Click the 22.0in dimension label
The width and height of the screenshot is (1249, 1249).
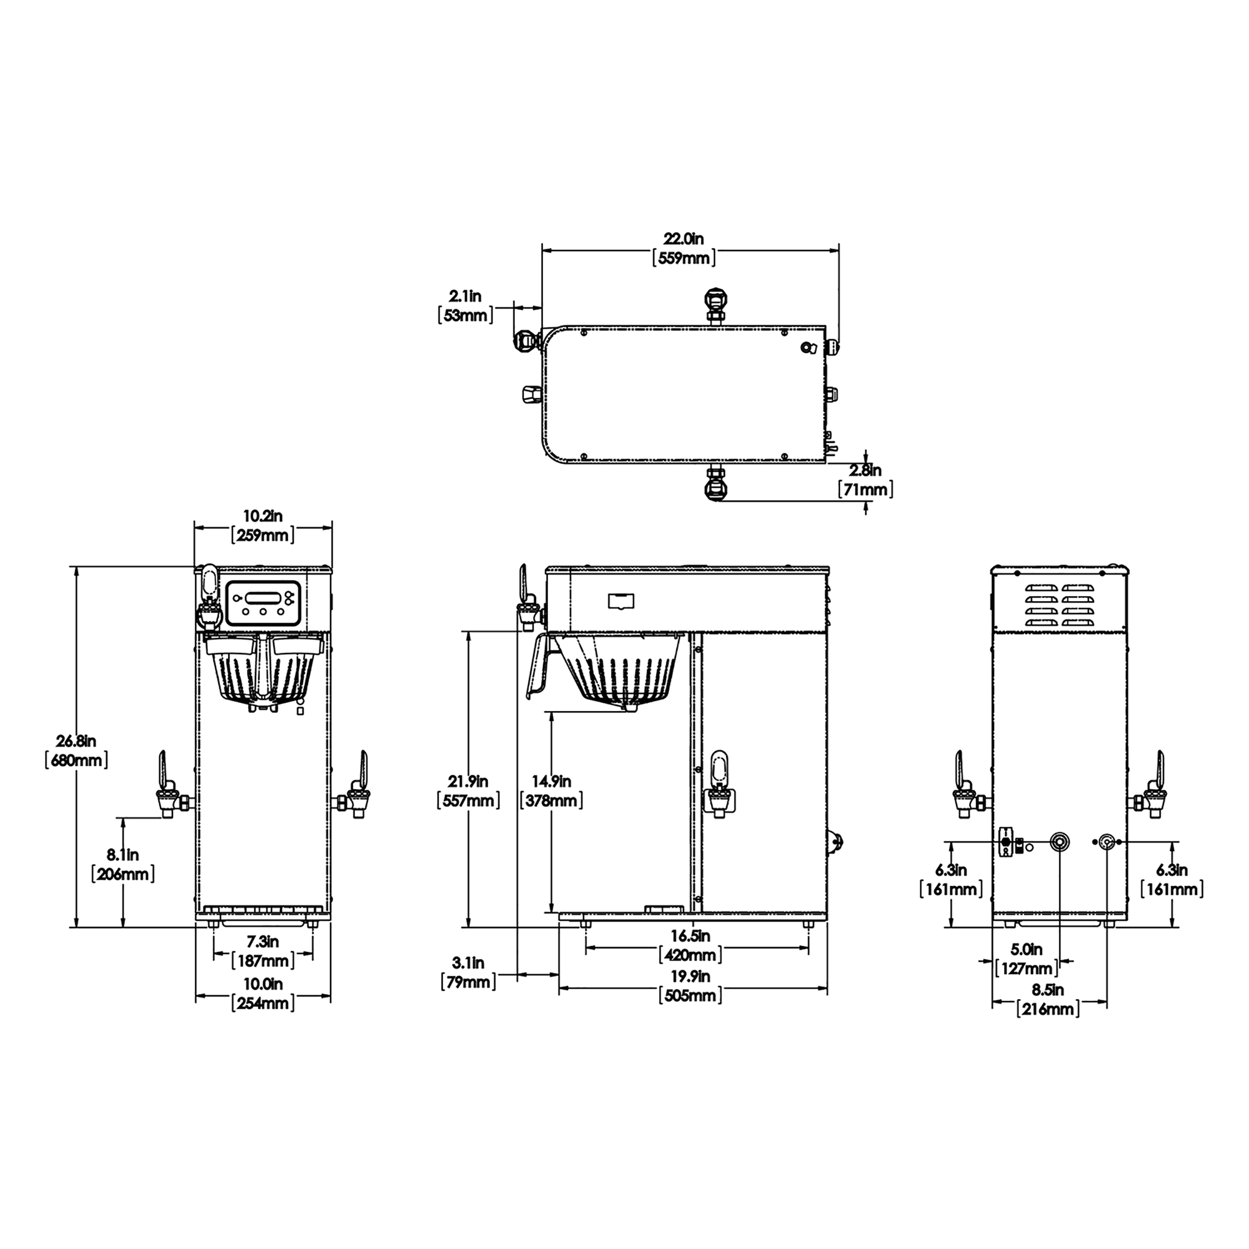tap(683, 238)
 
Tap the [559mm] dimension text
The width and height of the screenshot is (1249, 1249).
tap(683, 259)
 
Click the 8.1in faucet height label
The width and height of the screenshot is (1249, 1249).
tap(123, 855)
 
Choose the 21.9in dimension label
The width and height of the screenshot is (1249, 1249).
tap(469, 781)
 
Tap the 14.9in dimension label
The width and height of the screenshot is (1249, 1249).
tap(552, 781)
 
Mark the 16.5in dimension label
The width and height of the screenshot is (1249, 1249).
tap(690, 935)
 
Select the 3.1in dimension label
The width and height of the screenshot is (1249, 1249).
tap(468, 963)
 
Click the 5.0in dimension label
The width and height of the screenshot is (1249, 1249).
tap(1026, 949)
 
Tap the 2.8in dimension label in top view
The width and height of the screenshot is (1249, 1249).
tap(865, 470)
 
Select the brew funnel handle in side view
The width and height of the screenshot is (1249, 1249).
tap(539, 666)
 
